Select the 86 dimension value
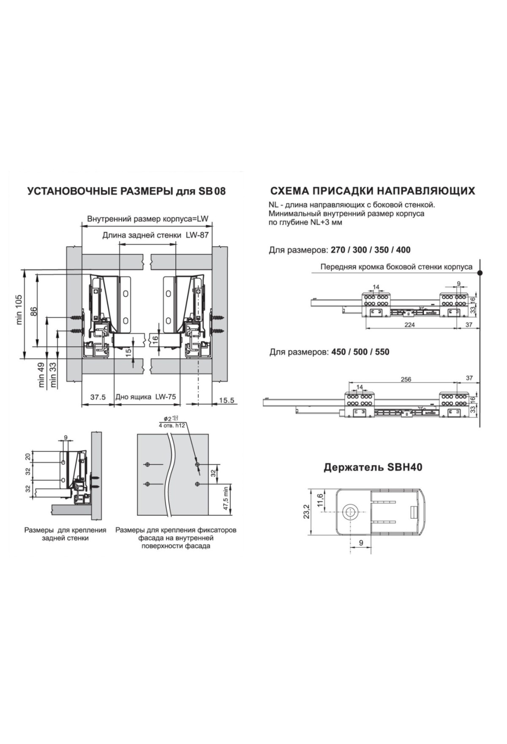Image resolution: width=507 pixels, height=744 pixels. (35, 311)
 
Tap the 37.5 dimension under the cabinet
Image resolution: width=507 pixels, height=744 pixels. (98, 397)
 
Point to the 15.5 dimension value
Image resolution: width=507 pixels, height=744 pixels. (226, 400)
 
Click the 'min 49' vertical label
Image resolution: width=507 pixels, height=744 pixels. (41, 375)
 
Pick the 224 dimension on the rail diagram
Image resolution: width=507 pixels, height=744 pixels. (409, 325)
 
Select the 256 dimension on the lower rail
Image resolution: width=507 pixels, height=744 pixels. (406, 379)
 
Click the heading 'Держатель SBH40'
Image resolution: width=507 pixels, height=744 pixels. (373, 468)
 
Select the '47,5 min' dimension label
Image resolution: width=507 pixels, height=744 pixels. (226, 499)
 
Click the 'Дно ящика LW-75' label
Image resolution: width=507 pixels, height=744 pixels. (146, 397)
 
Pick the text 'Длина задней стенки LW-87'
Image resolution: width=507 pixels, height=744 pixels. (155, 235)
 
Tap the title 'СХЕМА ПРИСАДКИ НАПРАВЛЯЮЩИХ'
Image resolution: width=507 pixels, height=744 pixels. (372, 191)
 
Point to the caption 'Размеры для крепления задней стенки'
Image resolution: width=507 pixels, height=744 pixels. (65, 534)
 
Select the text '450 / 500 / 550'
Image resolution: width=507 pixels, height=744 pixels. (358, 352)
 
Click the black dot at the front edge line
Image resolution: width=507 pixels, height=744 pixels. (480, 273)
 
